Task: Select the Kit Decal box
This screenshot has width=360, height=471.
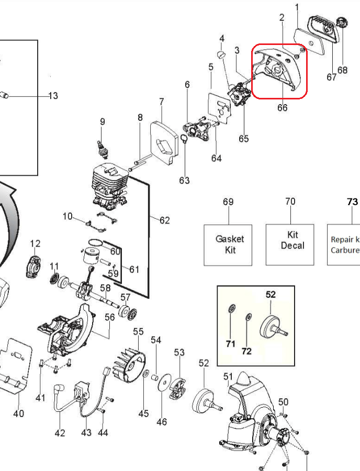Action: coord(291,244)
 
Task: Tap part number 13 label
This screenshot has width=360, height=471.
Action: coord(53,96)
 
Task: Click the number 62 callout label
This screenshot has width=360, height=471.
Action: coord(164,220)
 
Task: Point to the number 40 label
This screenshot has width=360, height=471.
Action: coord(18,413)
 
